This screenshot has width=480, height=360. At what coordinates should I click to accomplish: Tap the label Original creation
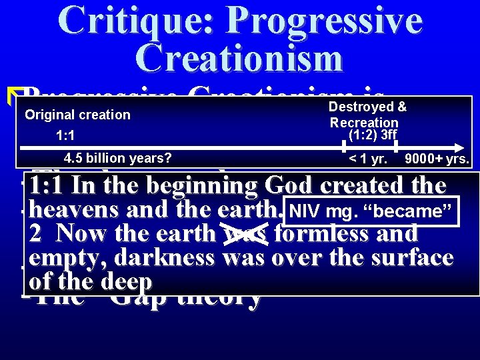[x=77, y=115]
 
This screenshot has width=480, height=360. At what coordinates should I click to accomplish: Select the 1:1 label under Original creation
[x=65, y=137]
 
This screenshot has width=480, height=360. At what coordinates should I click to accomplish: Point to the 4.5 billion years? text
[x=117, y=159]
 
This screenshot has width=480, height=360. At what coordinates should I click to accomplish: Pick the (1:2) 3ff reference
[x=372, y=135]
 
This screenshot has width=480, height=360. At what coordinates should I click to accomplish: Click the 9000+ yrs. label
[x=437, y=160]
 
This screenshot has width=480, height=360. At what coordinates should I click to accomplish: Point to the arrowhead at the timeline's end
[x=460, y=145]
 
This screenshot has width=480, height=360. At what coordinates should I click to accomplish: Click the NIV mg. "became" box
[x=371, y=212]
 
